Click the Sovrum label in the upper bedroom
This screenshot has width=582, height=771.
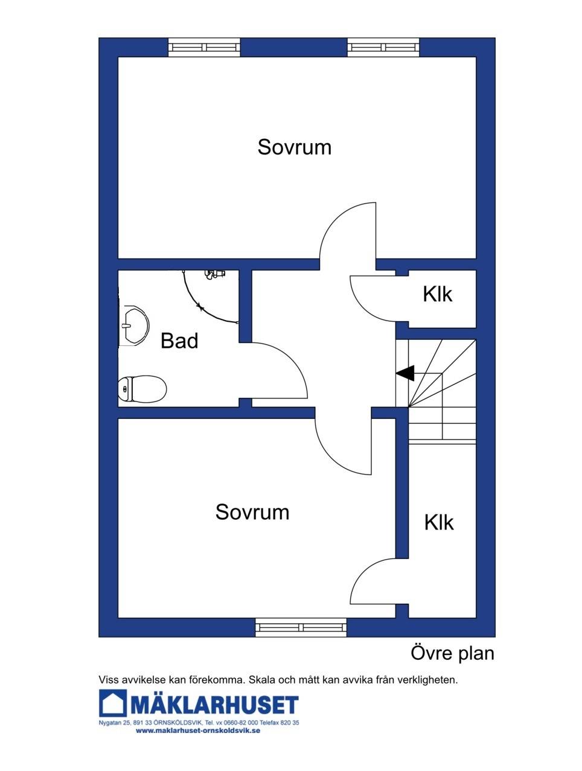295,147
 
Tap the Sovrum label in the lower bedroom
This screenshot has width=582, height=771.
252,512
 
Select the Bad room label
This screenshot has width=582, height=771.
179,341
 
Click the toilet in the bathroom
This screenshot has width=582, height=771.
142,389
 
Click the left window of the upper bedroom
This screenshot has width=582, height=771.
204,47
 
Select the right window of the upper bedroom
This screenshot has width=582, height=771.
383,47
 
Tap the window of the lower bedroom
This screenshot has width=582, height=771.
301,627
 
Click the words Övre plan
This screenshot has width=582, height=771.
452,654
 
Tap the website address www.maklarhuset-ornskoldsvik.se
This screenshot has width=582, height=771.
198,731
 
